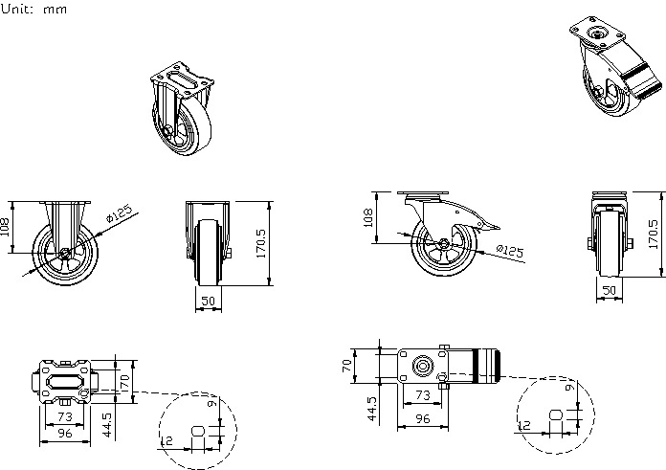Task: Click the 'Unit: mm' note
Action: (33, 9)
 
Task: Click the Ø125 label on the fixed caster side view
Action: (120, 213)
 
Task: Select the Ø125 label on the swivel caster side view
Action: (510, 250)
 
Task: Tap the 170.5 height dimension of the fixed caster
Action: (261, 243)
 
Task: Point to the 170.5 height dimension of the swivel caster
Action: (654, 235)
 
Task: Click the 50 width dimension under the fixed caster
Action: (208, 301)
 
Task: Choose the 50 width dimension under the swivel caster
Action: (610, 290)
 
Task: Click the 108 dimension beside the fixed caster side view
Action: (4, 227)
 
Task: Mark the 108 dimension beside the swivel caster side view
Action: (368, 217)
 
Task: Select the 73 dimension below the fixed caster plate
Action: (64, 416)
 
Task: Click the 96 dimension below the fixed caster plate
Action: (64, 433)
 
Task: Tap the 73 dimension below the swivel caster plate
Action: (423, 395)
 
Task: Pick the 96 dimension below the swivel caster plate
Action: (423, 419)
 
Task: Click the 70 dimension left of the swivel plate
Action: (347, 366)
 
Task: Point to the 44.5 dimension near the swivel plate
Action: (371, 409)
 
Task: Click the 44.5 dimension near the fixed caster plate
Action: (107, 425)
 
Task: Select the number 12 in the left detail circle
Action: (166, 441)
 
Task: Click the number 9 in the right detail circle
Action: (570, 387)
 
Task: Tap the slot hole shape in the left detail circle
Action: (198, 432)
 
